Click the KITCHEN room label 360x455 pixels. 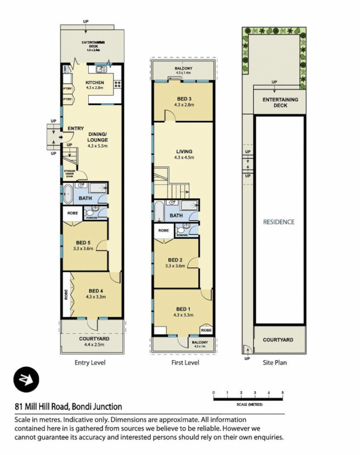click(94, 83)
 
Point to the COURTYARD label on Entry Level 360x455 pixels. click(93, 338)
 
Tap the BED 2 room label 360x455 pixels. click(176, 260)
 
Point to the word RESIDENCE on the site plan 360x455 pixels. click(278, 222)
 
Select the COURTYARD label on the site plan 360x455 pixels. click(278, 340)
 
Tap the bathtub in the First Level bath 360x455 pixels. click(159, 211)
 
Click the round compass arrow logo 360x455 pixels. click(26, 380)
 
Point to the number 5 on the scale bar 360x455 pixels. click(282, 393)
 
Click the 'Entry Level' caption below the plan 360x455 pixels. click(90, 362)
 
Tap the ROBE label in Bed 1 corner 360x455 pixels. click(206, 329)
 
